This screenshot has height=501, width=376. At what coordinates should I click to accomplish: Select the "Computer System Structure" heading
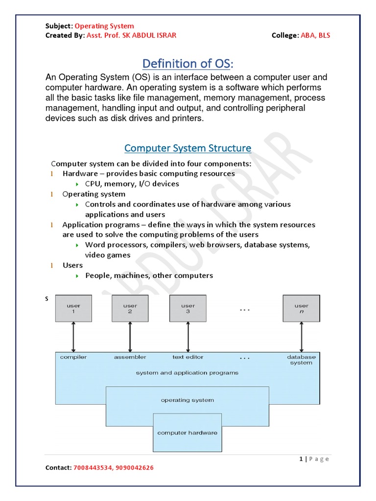(x=188, y=148)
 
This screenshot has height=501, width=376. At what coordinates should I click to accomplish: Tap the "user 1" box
(x=73, y=308)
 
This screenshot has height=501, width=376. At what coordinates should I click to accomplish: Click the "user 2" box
(x=130, y=308)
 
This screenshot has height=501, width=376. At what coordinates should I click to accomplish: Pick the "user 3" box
(x=188, y=308)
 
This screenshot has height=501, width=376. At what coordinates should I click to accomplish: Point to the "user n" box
(x=302, y=308)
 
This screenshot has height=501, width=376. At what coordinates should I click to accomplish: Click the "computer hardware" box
(x=188, y=433)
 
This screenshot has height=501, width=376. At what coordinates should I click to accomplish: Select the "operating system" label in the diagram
(x=188, y=400)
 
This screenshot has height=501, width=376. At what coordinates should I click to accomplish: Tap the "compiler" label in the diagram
(x=73, y=357)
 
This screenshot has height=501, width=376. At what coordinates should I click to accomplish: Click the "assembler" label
(x=130, y=357)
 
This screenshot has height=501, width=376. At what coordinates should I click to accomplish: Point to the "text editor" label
(x=188, y=357)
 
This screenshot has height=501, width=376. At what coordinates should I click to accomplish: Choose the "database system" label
(x=301, y=360)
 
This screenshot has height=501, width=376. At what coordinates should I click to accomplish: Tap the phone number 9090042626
(x=134, y=468)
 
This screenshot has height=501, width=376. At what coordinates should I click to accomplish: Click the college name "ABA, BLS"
(x=318, y=35)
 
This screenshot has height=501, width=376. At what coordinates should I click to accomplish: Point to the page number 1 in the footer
(x=301, y=459)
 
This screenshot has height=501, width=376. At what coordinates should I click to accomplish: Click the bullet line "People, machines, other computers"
(x=149, y=275)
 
